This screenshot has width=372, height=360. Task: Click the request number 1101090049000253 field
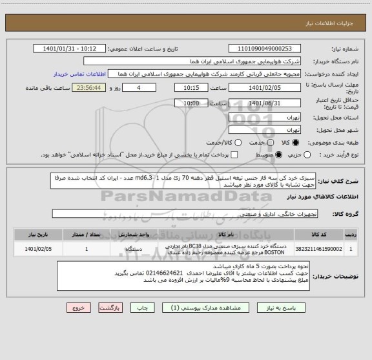[x=265, y=48]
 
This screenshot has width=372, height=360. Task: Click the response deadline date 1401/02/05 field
[x=265, y=89]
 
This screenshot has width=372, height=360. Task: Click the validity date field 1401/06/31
[x=265, y=103]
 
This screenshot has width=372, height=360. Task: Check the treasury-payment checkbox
[x=234, y=155]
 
